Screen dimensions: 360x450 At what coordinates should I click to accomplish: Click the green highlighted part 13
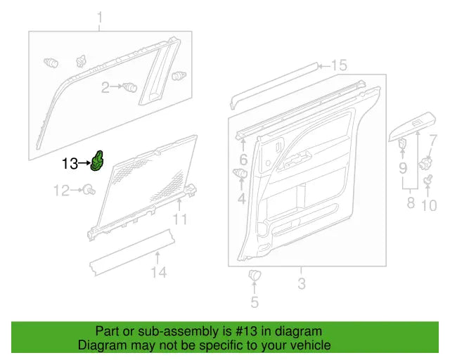coord(98,161)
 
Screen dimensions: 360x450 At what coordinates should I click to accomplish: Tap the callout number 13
coord(70,164)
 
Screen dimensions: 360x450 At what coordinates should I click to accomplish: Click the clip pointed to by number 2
coord(129,87)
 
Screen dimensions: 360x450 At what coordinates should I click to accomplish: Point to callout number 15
coord(339,65)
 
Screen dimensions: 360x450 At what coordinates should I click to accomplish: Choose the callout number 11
coord(181,220)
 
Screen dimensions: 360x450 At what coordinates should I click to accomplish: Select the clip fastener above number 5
coord(255,275)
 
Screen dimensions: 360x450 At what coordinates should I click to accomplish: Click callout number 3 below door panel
coord(301,284)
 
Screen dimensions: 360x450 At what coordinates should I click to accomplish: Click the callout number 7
coord(432,140)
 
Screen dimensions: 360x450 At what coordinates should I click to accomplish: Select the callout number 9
coord(403,168)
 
